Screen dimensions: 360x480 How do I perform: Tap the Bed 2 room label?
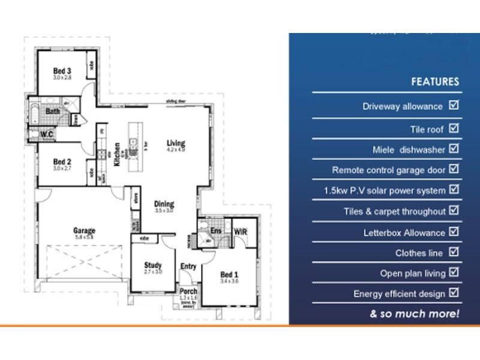[x=62, y=161]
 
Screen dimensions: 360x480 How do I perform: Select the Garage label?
[x=84, y=230]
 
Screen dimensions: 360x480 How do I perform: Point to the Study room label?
[x=153, y=265]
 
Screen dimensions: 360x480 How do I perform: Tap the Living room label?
[x=176, y=143]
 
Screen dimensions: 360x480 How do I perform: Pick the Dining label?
[x=164, y=204]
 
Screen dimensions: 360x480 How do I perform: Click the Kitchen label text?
[x=117, y=154]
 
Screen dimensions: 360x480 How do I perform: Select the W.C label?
[x=48, y=134]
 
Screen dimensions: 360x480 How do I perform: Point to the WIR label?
[x=241, y=231]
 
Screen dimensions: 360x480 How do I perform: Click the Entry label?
[x=188, y=266]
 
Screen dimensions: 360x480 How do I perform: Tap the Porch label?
[x=188, y=292]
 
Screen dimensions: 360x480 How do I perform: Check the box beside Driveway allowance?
[x=454, y=106]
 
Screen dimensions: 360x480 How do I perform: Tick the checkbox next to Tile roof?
[x=454, y=128]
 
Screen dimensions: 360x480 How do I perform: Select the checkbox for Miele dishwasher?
[x=454, y=148]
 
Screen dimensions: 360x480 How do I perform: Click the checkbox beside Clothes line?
[x=454, y=252]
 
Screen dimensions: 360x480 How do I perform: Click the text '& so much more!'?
[x=415, y=314]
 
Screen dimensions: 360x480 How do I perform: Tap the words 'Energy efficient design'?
[x=399, y=294]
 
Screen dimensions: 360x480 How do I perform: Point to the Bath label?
[x=53, y=111]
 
